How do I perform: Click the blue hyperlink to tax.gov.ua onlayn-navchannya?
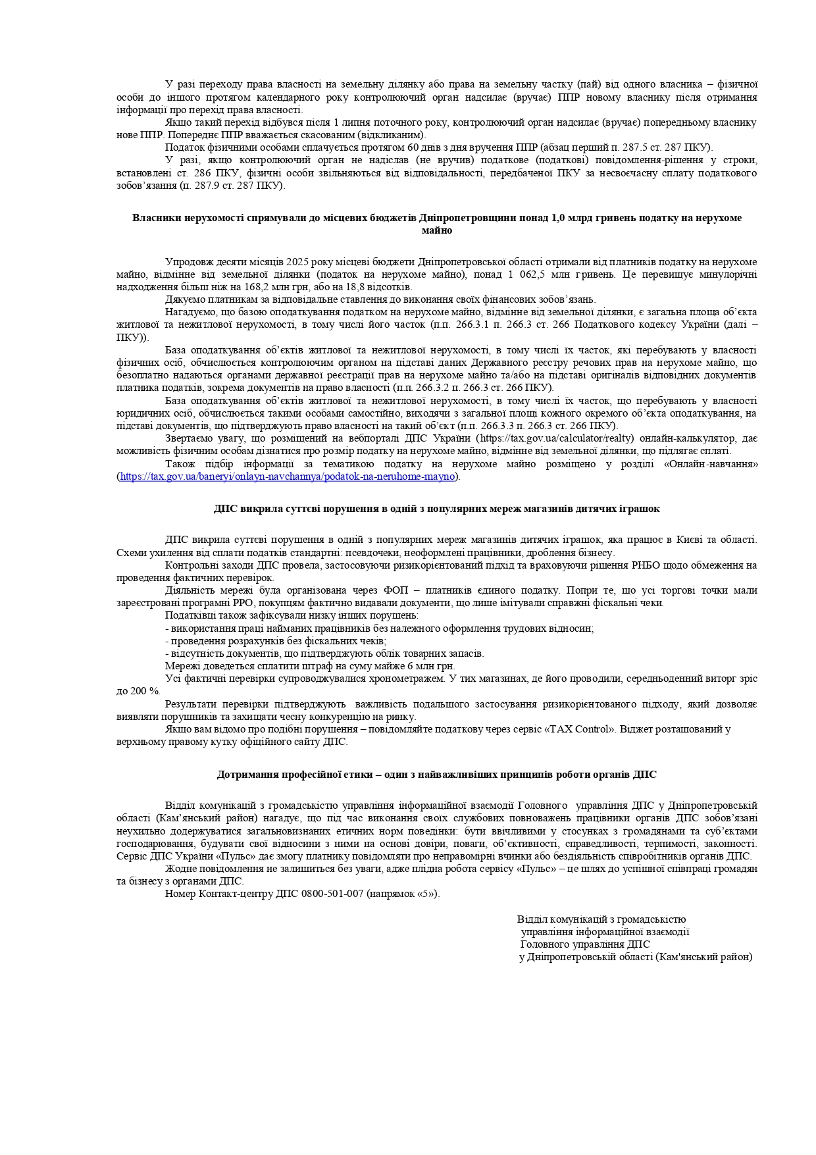288,476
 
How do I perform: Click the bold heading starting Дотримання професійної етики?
436,775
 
